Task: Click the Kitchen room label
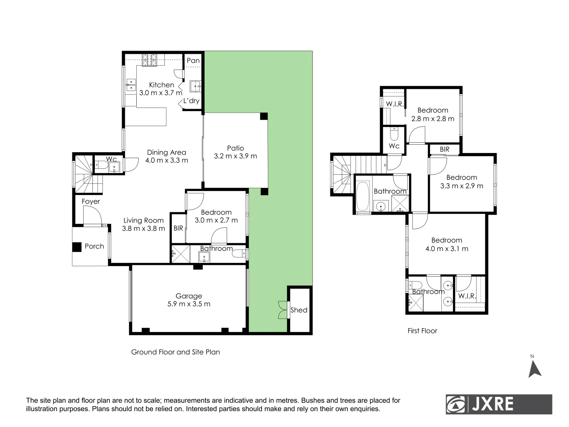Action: tap(161, 85)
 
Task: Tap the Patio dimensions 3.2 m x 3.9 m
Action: tap(235, 156)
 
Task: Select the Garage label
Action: tap(188, 296)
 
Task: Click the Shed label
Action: tap(299, 310)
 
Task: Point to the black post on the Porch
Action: tap(77, 247)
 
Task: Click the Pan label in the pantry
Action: tap(193, 60)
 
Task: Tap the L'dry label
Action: tap(191, 101)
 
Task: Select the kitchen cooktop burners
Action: tap(149, 60)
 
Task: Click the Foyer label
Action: tap(90, 201)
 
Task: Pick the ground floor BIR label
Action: tap(178, 228)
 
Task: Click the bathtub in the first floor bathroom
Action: tap(363, 196)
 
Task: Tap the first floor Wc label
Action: tap(394, 146)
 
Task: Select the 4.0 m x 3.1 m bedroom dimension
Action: tap(447, 249)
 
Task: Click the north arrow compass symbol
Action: tap(534, 369)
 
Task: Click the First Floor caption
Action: tap(422, 331)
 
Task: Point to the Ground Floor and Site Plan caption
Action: tap(175, 352)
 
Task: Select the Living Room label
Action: tap(143, 220)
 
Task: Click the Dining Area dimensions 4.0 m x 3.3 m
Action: tap(166, 161)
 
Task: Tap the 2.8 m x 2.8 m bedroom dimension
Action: tap(433, 119)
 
